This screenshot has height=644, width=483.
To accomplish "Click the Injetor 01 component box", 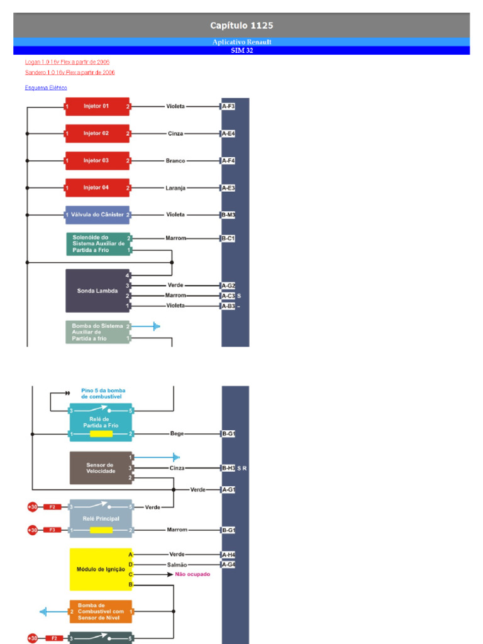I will tap(97, 106).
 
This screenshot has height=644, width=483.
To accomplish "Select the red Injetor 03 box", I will tap(97, 160).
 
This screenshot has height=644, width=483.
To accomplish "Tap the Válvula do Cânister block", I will tap(97, 215).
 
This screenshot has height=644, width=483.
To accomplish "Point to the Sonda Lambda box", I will tap(97, 291).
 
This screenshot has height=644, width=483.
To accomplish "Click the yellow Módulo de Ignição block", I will tap(101, 569).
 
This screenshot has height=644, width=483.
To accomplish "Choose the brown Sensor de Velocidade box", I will tap(100, 468).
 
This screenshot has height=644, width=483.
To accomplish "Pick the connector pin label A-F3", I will tap(228, 106).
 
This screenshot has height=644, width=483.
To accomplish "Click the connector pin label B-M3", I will tap(228, 215).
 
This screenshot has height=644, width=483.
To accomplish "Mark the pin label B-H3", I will tap(228, 468).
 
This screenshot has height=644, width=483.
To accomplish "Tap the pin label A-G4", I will tap(228, 565).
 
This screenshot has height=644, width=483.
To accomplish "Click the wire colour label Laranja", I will tap(175, 188).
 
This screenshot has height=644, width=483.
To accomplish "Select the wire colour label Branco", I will tap(175, 161).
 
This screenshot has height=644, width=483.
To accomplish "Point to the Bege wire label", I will tap(177, 434).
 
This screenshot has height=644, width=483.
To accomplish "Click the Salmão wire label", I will tap(177, 565).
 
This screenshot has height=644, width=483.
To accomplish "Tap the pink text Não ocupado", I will tap(192, 574).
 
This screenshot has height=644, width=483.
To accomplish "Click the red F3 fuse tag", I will tap(52, 530).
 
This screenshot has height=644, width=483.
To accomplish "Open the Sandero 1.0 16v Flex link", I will tap(70, 72).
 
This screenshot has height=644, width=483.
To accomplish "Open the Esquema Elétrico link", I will tap(46, 88).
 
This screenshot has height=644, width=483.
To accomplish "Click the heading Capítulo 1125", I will tap(241, 26).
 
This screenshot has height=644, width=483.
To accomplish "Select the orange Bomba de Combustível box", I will tap(101, 611).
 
